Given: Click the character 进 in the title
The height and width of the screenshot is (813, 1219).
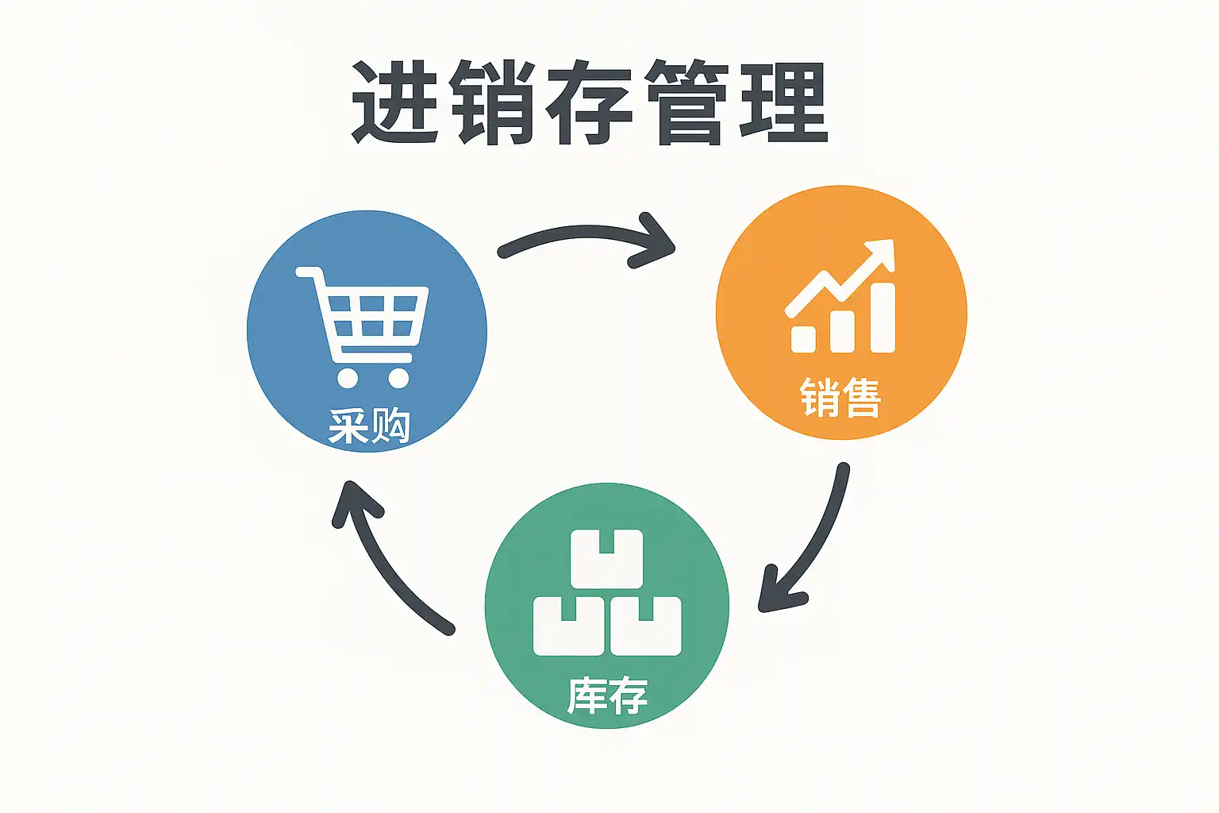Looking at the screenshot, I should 394,103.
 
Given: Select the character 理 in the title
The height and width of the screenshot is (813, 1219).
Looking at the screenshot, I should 784,103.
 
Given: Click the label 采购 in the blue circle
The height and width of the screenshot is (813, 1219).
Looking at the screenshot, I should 369,426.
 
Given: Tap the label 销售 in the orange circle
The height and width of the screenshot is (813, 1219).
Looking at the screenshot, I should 840,398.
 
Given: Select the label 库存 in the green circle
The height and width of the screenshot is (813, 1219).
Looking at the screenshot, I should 607,696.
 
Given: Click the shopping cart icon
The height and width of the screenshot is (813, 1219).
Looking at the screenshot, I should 365,326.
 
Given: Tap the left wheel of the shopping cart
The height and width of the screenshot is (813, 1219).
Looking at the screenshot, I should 348,377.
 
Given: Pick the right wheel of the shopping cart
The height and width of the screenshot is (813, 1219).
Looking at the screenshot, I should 398,377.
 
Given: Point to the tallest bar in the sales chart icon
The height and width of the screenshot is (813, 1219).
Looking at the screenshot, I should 883,318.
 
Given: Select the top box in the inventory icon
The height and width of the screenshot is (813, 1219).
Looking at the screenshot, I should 607,559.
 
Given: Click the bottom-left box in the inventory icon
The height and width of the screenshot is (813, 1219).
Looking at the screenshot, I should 568,626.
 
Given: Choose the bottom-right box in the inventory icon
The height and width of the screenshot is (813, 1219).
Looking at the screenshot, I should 646,626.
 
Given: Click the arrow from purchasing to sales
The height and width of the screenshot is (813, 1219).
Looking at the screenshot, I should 587,237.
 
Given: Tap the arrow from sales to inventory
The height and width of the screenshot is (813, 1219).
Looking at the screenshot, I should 809,548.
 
